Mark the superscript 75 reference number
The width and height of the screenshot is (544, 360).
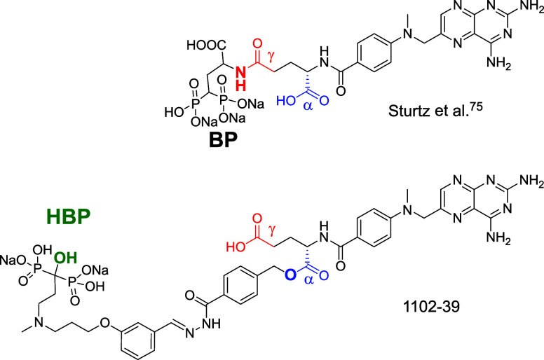coord(484,123)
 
